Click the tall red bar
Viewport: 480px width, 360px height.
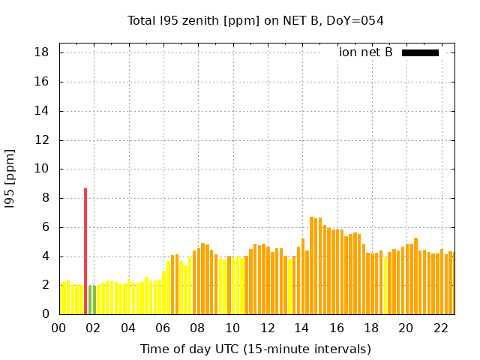click(85, 251)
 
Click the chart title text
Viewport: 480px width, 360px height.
click(256, 21)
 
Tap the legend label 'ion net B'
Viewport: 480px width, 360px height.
click(365, 52)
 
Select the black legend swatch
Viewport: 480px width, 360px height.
click(420, 52)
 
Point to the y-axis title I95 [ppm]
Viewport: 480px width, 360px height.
click(10, 178)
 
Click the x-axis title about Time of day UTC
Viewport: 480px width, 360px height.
click(256, 349)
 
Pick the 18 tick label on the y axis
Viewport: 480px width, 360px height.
click(42, 52)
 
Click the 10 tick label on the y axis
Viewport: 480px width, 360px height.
click(42, 169)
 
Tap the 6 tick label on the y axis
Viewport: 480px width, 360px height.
click(45, 227)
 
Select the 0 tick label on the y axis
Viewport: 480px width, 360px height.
click(45, 314)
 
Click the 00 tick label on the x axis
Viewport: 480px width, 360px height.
click(59, 328)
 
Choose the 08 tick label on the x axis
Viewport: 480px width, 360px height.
click(198, 328)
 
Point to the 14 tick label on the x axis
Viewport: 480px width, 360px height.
click(301, 328)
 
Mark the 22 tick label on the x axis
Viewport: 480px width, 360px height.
click(440, 328)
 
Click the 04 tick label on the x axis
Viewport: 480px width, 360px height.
click(128, 328)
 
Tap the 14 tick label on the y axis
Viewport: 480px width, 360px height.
click(42, 111)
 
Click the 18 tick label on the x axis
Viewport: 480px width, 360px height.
click(371, 328)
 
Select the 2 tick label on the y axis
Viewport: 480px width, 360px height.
click(45, 285)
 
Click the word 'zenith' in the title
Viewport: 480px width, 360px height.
click(196, 21)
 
